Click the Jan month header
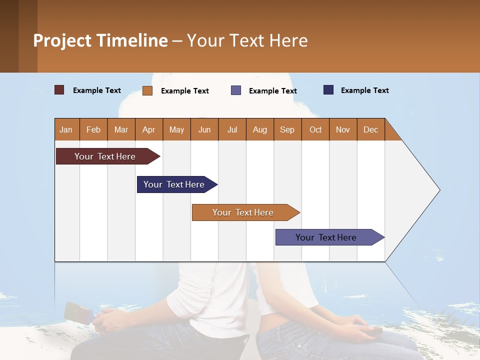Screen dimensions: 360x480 [x=66, y=129]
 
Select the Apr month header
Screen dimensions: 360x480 [x=149, y=129]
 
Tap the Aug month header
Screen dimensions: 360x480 [x=260, y=129]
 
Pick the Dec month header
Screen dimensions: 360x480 [x=371, y=129]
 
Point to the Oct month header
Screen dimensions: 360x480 [x=315, y=129]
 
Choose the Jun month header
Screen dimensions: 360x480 [x=204, y=129]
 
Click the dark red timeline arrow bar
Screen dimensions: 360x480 [x=105, y=156]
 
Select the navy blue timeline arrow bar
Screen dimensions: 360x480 [x=174, y=184]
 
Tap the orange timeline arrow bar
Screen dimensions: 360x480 [x=243, y=212]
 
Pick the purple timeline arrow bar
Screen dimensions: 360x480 [x=326, y=237]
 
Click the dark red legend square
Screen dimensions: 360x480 [x=59, y=90]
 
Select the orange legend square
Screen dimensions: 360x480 [x=147, y=90]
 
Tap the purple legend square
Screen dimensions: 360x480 [x=236, y=90]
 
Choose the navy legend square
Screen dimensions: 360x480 [x=328, y=90]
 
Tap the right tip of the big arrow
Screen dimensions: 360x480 [x=438, y=190]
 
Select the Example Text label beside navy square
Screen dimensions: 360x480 [x=364, y=90]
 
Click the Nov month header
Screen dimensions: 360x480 [x=343, y=129]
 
